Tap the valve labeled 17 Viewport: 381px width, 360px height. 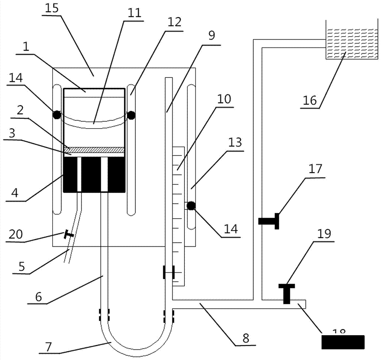[x=271, y=221]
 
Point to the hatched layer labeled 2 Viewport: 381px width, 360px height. [x=94, y=149]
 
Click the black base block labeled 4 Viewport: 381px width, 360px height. [x=94, y=175]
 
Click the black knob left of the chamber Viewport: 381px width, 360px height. [x=57, y=114]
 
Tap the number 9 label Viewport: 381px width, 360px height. [x=211, y=35]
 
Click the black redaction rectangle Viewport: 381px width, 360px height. [x=343, y=342]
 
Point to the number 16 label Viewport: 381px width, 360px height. [x=310, y=100]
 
